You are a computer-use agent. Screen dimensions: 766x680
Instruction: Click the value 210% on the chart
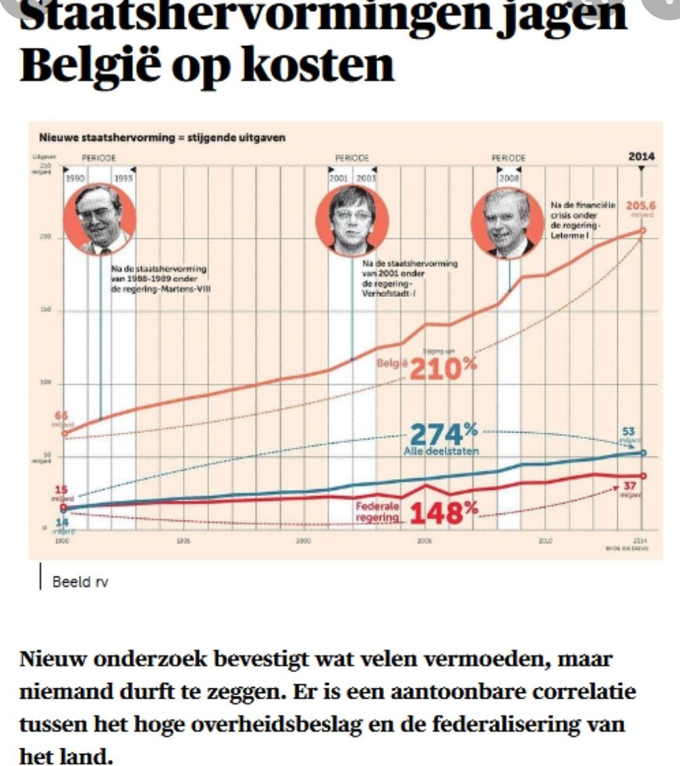pos(443,368)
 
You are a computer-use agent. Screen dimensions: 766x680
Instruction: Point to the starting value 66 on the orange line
pos(61,416)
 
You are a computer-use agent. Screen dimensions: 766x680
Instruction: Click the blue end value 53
pos(629,431)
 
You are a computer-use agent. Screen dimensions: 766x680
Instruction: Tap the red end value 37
pos(629,486)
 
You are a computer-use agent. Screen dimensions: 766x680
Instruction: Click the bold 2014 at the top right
pos(641,157)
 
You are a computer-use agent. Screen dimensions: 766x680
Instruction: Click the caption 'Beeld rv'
pos(80,582)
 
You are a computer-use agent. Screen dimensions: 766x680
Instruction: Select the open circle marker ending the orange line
pos(642,231)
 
